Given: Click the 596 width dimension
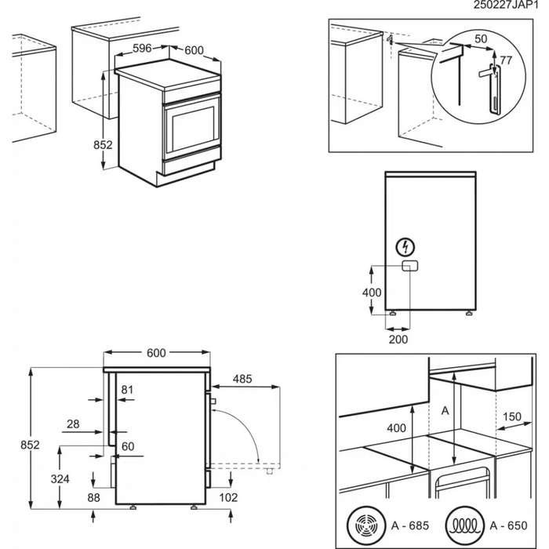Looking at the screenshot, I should pos(142,49).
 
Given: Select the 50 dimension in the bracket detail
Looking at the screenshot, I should pos(480,38).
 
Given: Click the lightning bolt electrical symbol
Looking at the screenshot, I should pos(405,247).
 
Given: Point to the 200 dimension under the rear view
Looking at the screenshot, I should pos(398,339).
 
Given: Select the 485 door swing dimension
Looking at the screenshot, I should pos(242,380).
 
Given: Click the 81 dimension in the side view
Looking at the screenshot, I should pos(128,389).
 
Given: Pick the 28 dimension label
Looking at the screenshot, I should pos(73,424).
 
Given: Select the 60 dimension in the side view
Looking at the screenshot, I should pos(127,447).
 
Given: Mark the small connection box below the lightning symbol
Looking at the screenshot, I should pos(409,267).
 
